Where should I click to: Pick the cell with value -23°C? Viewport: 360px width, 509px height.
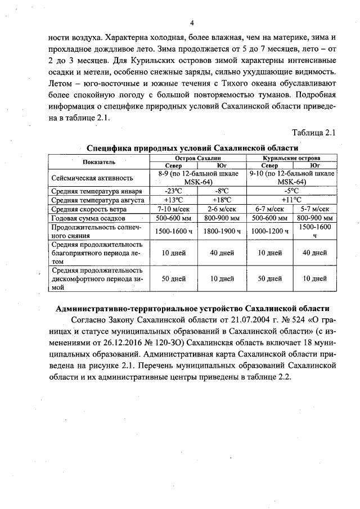(x=173, y=191)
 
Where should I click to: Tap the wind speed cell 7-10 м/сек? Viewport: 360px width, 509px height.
(x=173, y=209)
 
